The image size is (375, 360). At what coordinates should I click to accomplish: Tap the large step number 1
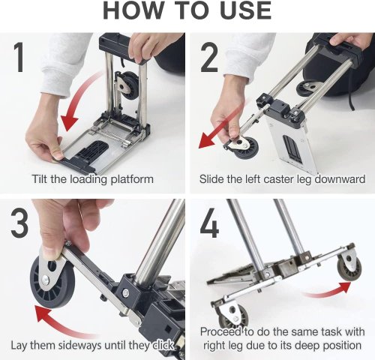coord(19,57)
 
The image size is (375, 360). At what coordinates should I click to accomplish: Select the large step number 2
coord(209,57)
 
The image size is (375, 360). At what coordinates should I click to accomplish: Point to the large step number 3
coord(19,223)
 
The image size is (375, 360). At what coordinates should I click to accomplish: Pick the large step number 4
coord(209,223)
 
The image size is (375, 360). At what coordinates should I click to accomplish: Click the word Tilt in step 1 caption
coord(40,179)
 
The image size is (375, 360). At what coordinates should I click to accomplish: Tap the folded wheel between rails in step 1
coord(129,85)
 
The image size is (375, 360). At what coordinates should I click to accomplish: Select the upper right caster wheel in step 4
coord(349,267)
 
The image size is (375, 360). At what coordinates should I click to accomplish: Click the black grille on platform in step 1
coord(92,150)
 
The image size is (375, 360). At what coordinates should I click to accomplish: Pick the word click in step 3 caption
coord(163,346)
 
